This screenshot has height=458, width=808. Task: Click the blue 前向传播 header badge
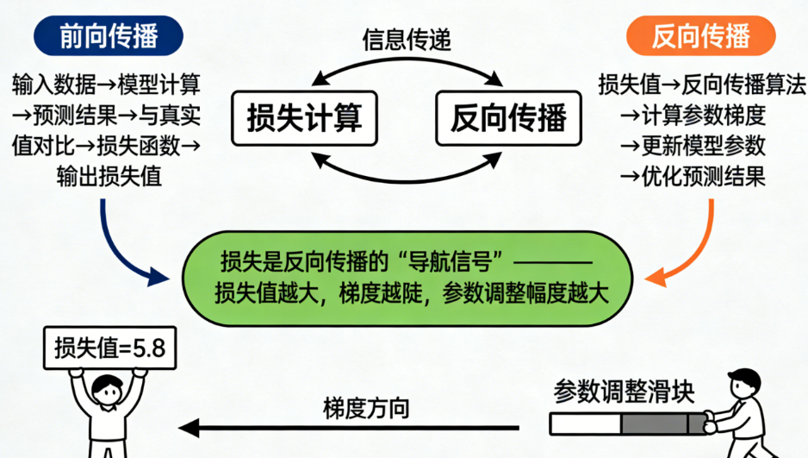tap(109, 35)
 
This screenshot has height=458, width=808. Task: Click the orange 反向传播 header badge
tap(699, 35)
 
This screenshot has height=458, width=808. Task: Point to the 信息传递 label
tap(406, 41)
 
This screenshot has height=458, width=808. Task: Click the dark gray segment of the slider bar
tap(657, 423)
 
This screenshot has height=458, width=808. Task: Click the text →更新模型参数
tap(693, 146)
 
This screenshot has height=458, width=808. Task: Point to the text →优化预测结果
tap(693, 178)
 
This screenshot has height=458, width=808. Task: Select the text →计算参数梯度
tap(693, 115)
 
